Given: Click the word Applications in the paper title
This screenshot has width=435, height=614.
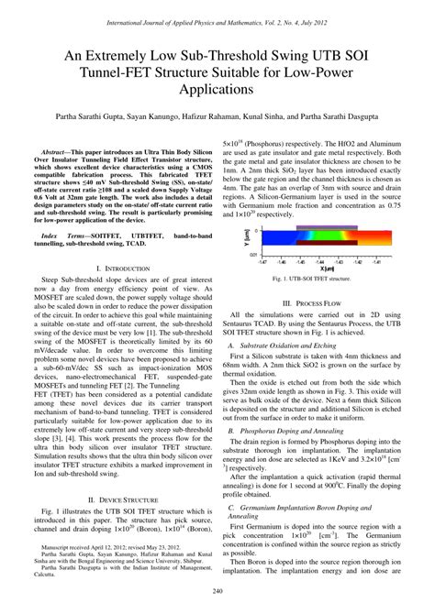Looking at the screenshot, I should pos(217,92).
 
